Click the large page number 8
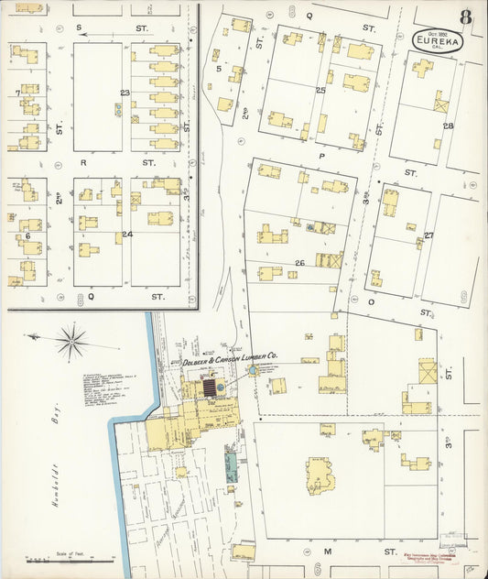pyautogui.click(x=466, y=17)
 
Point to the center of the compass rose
pyautogui.click(x=70, y=343)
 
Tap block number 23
pyautogui.click(x=125, y=93)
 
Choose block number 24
pyautogui.click(x=127, y=234)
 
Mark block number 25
pyautogui.click(x=320, y=90)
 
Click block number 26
pyautogui.click(x=298, y=263)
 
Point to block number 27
pyautogui.click(x=428, y=235)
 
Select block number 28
pyautogui.click(x=448, y=126)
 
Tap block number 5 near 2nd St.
pyautogui.click(x=218, y=68)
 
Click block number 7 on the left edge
pyautogui.click(x=17, y=93)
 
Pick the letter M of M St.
pyautogui.click(x=326, y=552)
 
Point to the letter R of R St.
pyautogui.click(x=82, y=162)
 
